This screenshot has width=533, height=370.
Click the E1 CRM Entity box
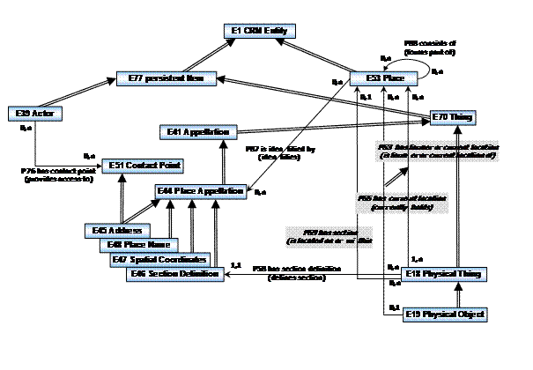coord(261,31)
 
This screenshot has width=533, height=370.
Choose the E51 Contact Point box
coord(137,165)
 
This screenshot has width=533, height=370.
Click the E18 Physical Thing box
coord(454,275)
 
